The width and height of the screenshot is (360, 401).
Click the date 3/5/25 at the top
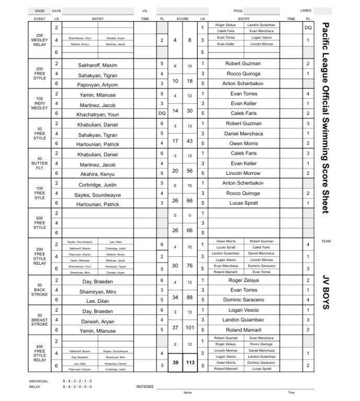tap(39, 10)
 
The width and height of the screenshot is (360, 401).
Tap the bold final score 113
tap(190, 362)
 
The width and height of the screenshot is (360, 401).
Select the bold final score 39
tap(175, 362)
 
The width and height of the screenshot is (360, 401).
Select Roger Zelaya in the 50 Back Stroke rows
tap(243, 280)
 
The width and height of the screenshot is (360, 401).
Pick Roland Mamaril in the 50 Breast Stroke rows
tap(243, 330)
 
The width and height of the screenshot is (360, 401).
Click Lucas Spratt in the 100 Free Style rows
tap(243, 203)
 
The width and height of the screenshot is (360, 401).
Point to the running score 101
tap(190, 328)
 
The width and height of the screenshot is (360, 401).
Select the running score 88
tap(190, 298)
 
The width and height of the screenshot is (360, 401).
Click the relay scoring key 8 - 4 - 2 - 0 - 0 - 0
tap(77, 386)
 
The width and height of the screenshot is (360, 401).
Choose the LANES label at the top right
tap(306, 10)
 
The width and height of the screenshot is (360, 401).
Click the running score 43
tap(190, 141)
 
